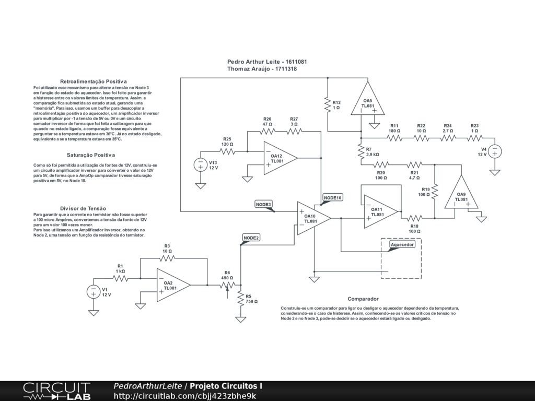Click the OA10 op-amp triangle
tap(312, 218)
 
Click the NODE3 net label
tap(264, 205)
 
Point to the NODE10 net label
tap(332, 198)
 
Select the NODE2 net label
tap(251, 238)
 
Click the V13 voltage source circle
tap(201, 165)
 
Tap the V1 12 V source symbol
tap(94, 292)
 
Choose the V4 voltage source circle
tap(495, 152)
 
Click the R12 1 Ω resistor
tap(328, 104)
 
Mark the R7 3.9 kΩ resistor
tap(361, 152)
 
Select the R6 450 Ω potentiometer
tap(227, 285)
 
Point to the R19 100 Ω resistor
tap(435, 192)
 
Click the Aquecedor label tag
tap(402, 244)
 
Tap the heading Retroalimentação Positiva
tap(94, 81)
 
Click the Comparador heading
tap(363, 299)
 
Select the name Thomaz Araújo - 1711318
tap(262, 69)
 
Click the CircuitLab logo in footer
tap(57, 391)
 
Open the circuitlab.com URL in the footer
tap(184, 396)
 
